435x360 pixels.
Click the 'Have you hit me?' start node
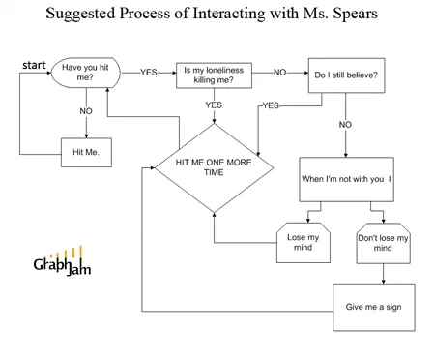point(86,73)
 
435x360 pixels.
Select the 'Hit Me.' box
point(86,153)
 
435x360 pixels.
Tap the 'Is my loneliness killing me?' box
point(214,75)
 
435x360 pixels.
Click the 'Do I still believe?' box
point(346,75)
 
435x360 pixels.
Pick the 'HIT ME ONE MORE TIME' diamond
point(214,167)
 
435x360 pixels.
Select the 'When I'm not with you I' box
point(346,179)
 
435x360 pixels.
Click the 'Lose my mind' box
point(304,243)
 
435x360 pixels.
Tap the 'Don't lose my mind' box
point(383,243)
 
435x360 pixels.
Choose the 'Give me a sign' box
point(374,307)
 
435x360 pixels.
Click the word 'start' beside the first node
point(34,65)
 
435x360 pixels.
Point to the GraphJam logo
point(62,261)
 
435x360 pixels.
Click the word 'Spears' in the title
point(355,14)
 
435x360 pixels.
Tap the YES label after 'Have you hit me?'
point(149,73)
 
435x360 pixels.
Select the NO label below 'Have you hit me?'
point(86,111)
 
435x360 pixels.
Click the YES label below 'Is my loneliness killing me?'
point(214,105)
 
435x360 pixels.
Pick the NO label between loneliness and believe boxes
point(280,73)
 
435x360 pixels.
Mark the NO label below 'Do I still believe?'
point(345,125)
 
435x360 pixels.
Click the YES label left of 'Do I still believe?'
point(271,105)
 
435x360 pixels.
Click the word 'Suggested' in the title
point(80,15)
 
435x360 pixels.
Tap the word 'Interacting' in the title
point(229,15)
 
